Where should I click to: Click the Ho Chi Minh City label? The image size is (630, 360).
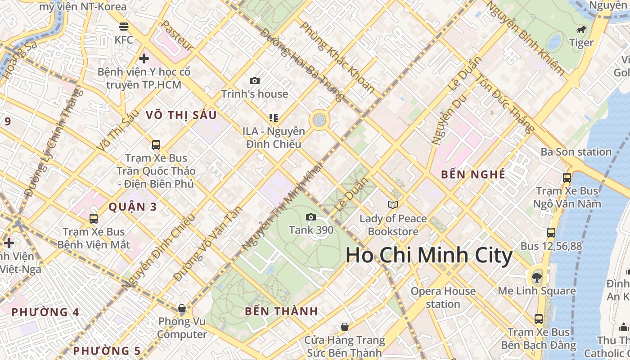tap(429, 256)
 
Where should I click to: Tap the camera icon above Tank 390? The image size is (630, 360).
tap(310, 217)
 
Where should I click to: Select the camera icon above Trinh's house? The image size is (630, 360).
tap(255, 81)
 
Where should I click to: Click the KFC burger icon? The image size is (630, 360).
tap(124, 27)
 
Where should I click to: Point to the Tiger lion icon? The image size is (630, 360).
tap(581, 30)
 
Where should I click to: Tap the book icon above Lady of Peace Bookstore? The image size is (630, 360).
tap(393, 205)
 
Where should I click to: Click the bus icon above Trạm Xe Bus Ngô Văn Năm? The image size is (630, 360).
tap(567, 178)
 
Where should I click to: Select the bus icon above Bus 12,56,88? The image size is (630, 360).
tap(551, 233)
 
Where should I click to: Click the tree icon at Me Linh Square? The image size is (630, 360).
tap(536, 277)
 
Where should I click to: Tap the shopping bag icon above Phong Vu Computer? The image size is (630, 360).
tap(182, 308)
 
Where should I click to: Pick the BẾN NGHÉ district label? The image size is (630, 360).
tap(473, 175)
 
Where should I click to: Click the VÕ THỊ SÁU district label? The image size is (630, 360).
tap(181, 115)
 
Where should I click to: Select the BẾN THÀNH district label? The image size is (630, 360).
tap(281, 311)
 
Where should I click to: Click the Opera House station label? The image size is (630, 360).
tap(443, 297)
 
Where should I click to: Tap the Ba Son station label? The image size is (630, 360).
tap(576, 152)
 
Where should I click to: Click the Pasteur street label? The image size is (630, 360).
tap(177, 36)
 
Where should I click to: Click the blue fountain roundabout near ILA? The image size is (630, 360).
tap(319, 120)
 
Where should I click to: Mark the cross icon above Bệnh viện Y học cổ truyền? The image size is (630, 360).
tap(144, 58)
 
